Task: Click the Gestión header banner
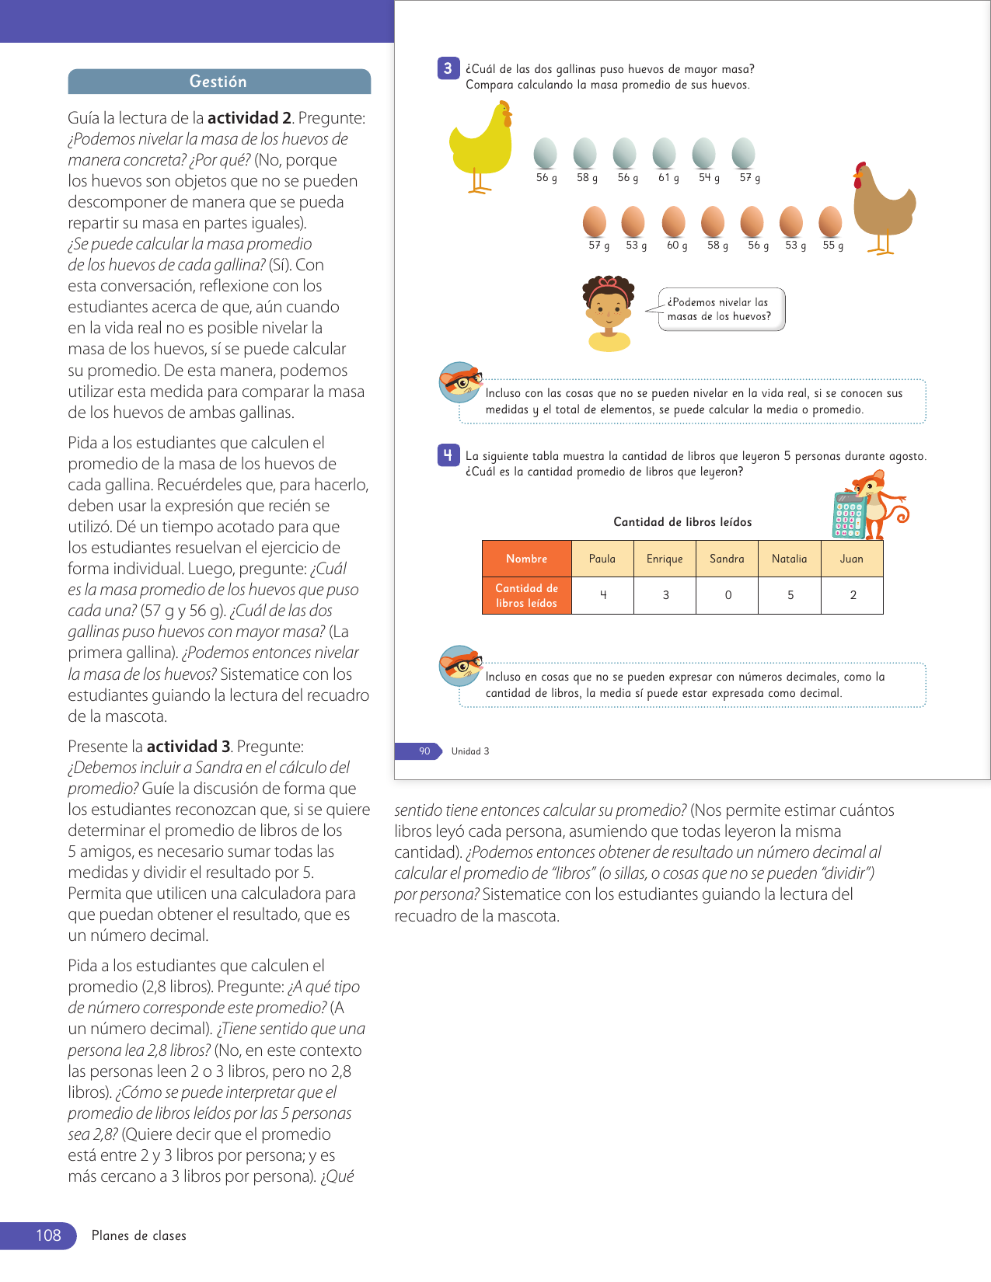[218, 82]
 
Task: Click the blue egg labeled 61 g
[664, 153]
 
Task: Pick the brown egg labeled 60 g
[673, 221]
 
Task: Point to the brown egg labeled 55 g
[830, 221]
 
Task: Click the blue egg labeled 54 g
[703, 153]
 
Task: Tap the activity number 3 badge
[448, 68]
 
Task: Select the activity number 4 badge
[448, 455]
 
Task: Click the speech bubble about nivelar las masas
[721, 309]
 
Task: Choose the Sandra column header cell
[727, 559]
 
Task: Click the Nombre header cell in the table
[526, 559]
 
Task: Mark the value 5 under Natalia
[790, 595]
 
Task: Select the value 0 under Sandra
[728, 595]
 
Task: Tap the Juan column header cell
[852, 559]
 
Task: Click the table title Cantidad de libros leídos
[682, 522]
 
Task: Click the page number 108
[48, 1235]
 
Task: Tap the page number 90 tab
[424, 751]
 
